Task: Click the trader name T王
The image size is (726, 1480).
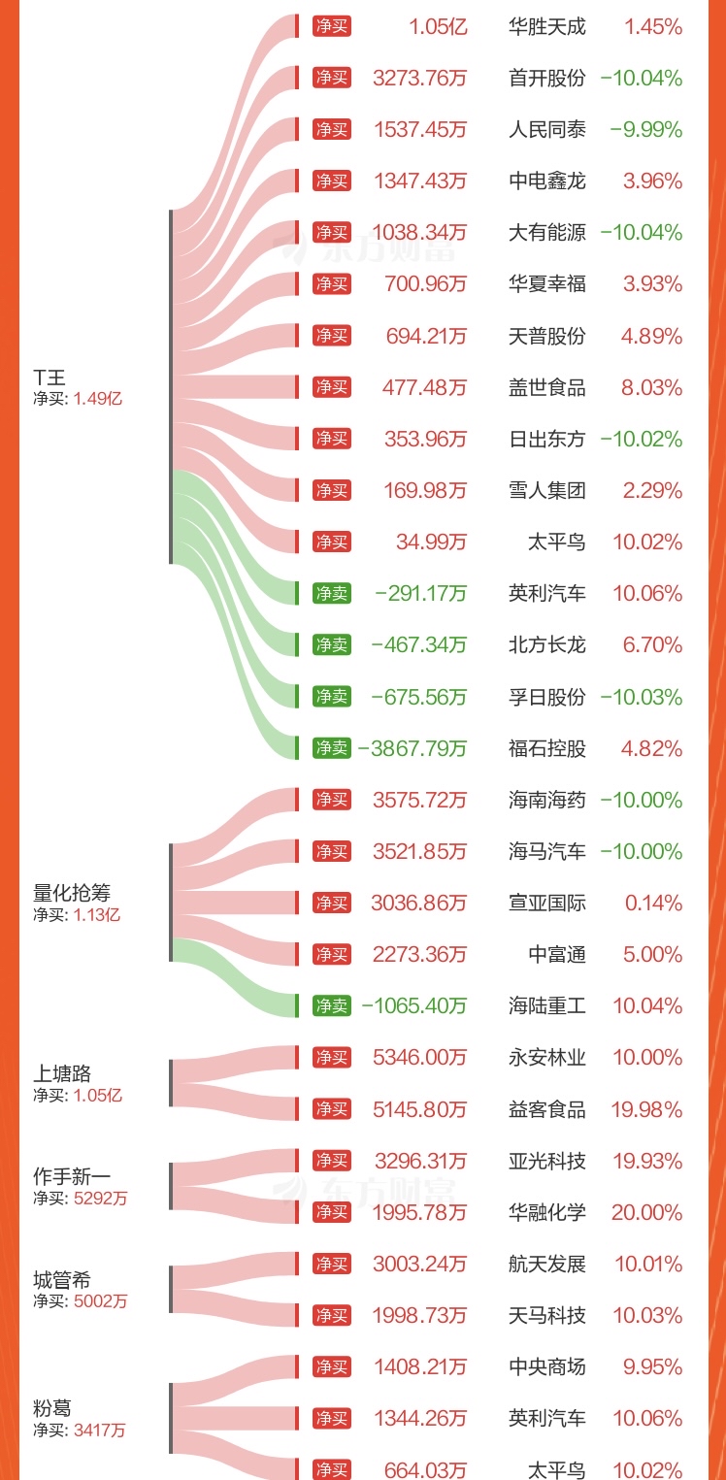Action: click(x=49, y=377)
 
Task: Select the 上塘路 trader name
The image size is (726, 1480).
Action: click(x=62, y=1073)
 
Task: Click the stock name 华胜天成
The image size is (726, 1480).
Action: click(x=546, y=26)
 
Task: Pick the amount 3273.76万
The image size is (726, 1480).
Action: click(x=419, y=78)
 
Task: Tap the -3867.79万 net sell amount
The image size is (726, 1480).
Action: click(x=412, y=748)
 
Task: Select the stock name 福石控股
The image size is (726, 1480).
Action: click(x=546, y=748)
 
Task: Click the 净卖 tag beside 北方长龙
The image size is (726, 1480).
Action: click(x=332, y=644)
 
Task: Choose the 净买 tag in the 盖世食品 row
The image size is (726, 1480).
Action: click(x=332, y=387)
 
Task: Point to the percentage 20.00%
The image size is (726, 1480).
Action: click(x=646, y=1212)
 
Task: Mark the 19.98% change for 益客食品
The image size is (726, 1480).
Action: click(x=646, y=1109)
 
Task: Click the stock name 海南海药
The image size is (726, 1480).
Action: click(x=546, y=800)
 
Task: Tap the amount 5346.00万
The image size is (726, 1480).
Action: click(x=419, y=1057)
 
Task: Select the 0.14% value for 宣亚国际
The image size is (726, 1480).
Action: click(x=653, y=903)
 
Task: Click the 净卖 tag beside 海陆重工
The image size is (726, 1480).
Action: click(x=332, y=1005)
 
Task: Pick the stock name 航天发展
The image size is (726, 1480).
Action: click(x=546, y=1264)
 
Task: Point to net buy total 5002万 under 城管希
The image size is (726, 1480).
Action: click(x=100, y=1301)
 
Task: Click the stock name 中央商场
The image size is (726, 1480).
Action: click(x=546, y=1366)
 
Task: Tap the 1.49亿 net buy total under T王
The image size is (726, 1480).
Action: click(x=98, y=397)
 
